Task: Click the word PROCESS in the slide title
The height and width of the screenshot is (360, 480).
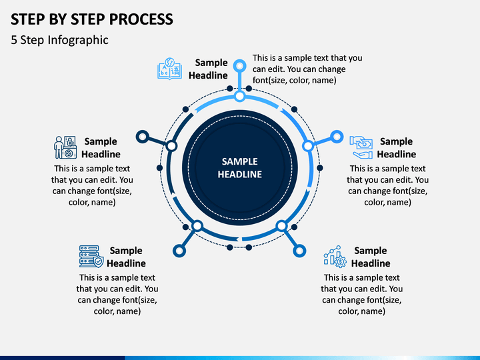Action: point(141,19)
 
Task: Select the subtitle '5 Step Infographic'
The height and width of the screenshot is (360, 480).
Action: point(60,40)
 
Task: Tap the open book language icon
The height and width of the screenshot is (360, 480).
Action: point(169,69)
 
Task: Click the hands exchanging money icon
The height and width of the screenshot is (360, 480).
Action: point(361,147)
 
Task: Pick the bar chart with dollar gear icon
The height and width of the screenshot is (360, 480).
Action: point(335,257)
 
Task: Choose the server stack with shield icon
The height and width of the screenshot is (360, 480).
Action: point(91,257)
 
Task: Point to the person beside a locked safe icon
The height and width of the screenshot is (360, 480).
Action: point(65,147)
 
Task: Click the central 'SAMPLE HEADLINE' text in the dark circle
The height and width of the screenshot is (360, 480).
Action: point(240,168)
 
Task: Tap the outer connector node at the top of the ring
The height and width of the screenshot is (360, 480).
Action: point(240,66)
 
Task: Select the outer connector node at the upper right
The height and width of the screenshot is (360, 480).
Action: point(337,137)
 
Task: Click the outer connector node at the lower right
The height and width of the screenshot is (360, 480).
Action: point(299,251)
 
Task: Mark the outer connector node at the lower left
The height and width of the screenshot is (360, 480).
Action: point(179,251)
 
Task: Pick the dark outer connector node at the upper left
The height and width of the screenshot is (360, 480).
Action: point(143,137)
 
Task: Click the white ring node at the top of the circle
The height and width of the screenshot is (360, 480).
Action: point(240,96)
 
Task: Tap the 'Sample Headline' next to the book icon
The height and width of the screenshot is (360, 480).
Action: point(208,69)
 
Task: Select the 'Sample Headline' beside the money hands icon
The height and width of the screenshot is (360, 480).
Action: point(397,147)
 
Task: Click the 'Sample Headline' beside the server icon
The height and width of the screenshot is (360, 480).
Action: point(126,257)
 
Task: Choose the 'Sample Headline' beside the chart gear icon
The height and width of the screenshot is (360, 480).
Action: point(371,257)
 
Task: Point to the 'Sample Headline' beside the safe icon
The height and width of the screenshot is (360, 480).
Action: point(101,147)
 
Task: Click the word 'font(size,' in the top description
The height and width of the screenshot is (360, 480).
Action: point(269,80)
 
